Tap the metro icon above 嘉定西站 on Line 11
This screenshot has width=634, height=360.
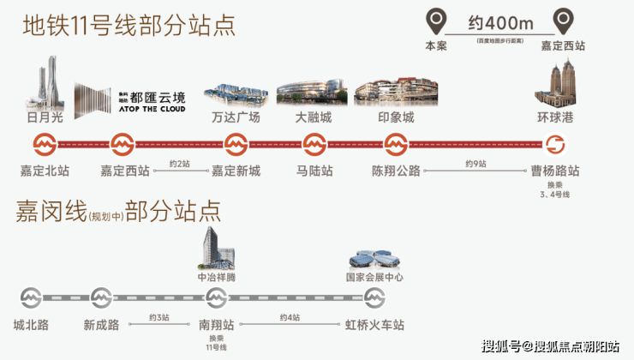point(123,143)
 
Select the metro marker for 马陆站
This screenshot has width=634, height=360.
point(314,143)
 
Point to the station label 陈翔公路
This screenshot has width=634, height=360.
point(397,171)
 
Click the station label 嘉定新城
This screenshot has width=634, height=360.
point(236,171)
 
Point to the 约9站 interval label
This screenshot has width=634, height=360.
point(475,163)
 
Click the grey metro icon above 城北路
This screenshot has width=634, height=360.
point(31,298)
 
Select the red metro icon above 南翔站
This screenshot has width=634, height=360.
point(215,298)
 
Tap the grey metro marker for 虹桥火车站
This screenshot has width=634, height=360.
point(374,298)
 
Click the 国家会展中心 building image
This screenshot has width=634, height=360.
point(374,260)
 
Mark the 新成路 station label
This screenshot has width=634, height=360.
point(101,326)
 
